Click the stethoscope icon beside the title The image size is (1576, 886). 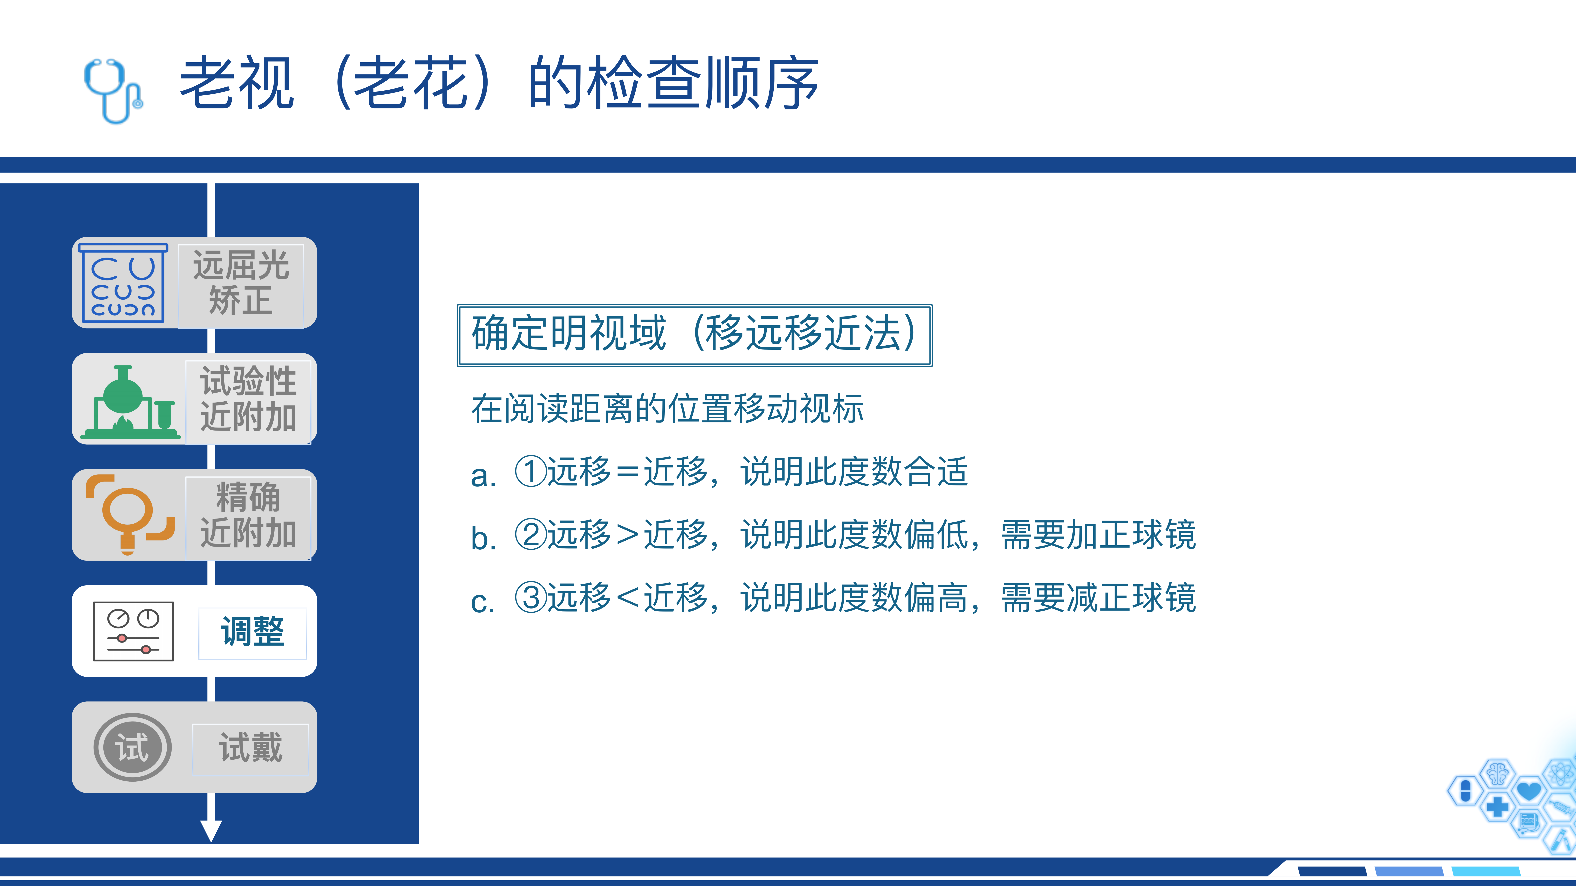point(113,90)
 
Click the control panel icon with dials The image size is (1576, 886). point(133,631)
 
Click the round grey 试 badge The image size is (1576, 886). point(132,747)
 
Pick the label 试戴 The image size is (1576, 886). point(251,747)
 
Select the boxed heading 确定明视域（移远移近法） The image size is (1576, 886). point(694,335)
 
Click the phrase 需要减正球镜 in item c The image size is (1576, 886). point(1098,597)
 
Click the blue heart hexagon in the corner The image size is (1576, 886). point(1529,791)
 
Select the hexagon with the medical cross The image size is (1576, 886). point(1497,807)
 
